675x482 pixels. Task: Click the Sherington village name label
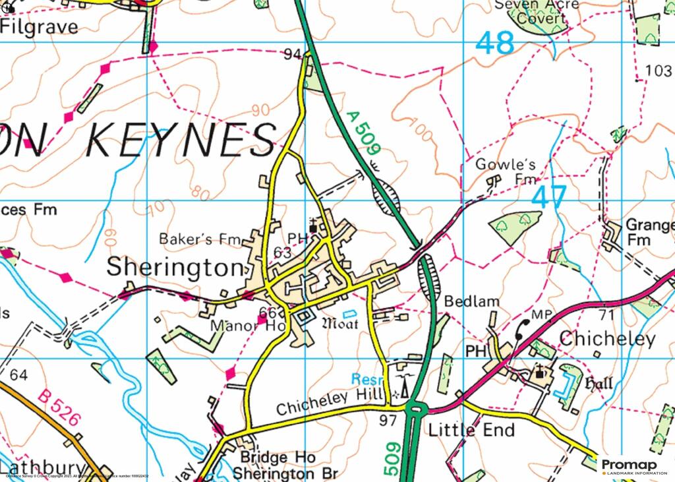(175, 268)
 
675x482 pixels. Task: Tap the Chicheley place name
(607, 340)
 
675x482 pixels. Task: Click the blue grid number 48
(494, 44)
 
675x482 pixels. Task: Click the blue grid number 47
(549, 197)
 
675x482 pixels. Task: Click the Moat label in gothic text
(340, 324)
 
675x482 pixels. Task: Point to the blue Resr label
(363, 380)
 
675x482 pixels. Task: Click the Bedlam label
(467, 301)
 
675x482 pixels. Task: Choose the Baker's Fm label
(189, 239)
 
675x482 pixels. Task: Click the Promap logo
(633, 466)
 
